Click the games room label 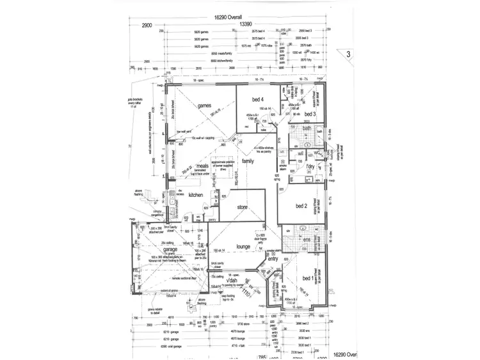point(204,106)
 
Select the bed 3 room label point(309,114)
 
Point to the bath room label point(307,129)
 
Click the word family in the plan point(248,162)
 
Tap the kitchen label point(195,195)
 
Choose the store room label point(242,207)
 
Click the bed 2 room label point(302,206)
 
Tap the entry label point(273,259)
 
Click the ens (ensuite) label point(307,240)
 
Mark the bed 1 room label point(308,279)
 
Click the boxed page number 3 point(348,55)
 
